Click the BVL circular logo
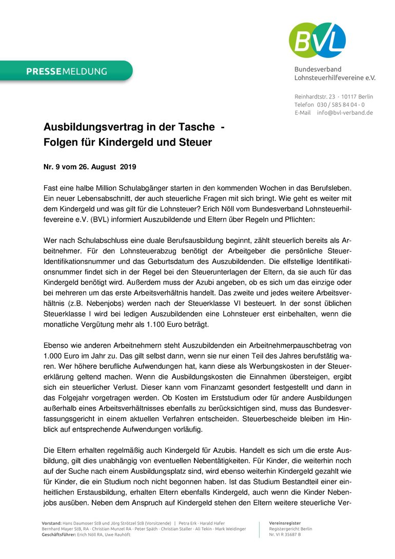[317, 40]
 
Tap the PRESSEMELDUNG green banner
[67, 71]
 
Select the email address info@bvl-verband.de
[345, 113]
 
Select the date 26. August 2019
[109, 167]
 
